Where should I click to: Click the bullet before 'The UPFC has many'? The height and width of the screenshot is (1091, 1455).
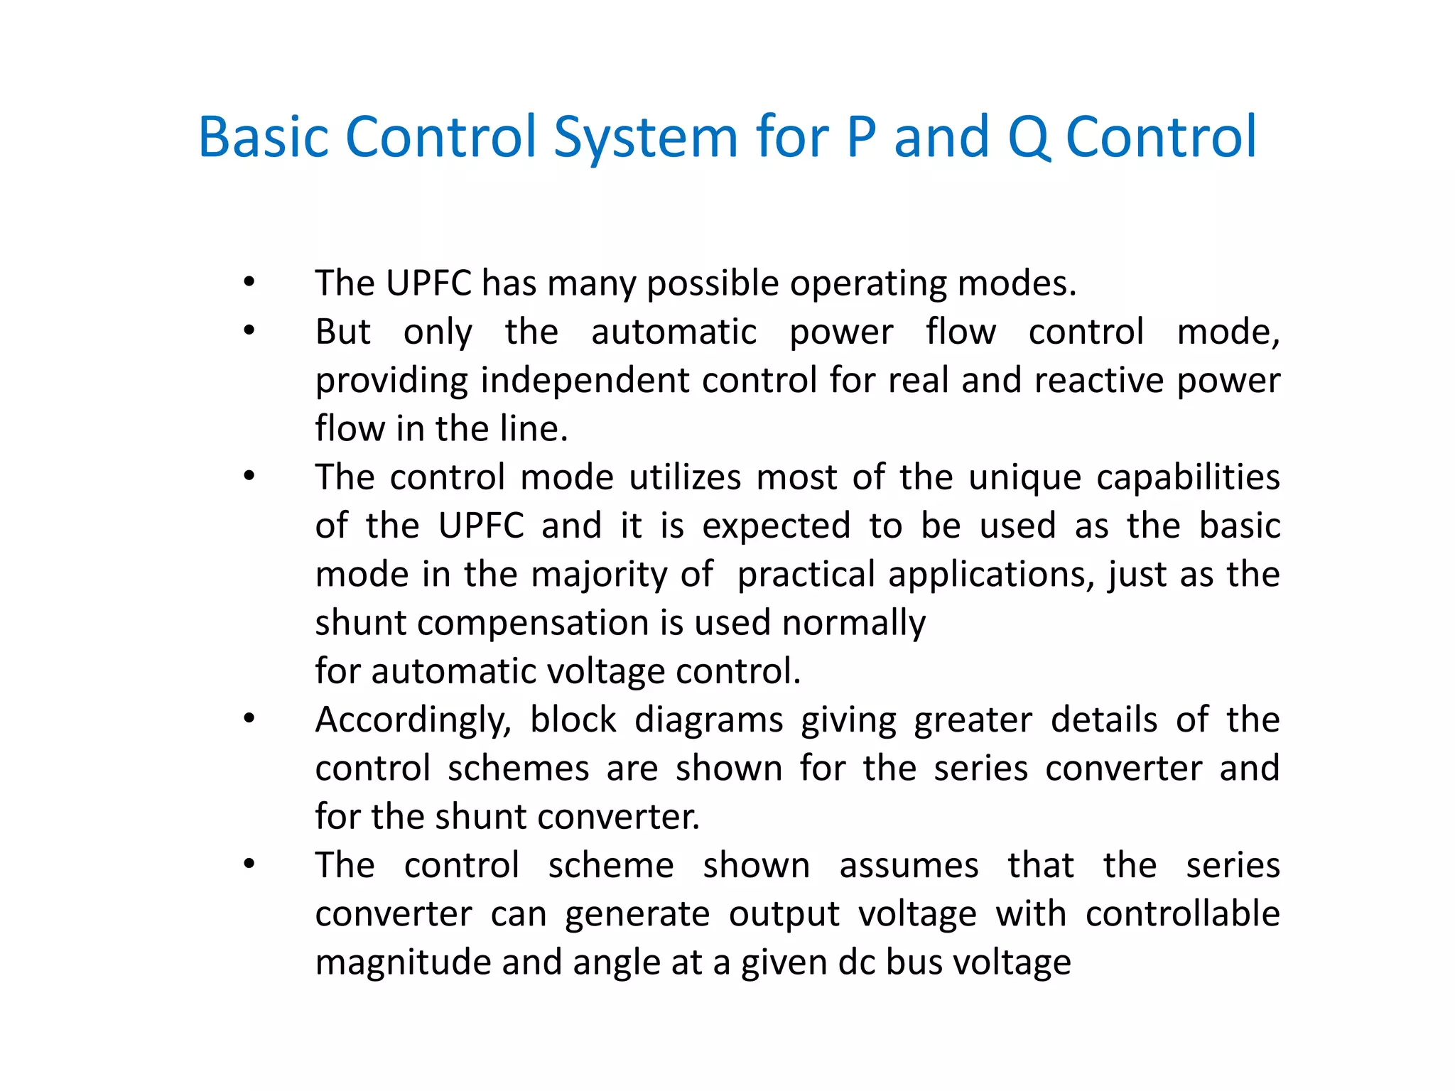[249, 283]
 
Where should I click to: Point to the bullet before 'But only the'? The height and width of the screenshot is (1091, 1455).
[249, 330]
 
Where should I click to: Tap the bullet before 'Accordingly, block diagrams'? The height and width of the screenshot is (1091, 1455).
[249, 719]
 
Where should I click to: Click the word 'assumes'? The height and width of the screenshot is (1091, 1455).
[909, 866]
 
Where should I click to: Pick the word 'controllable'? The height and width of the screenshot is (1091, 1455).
[1182, 913]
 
